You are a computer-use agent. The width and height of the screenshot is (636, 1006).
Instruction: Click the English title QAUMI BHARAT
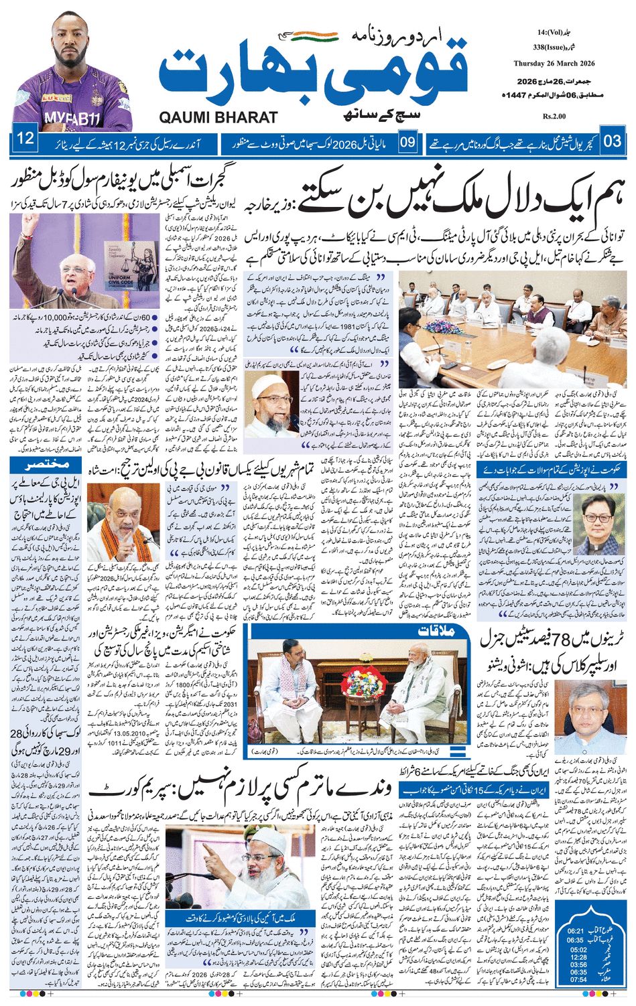pyautogui.click(x=218, y=117)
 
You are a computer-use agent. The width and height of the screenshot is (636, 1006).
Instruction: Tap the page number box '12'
pyautogui.click(x=25, y=141)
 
